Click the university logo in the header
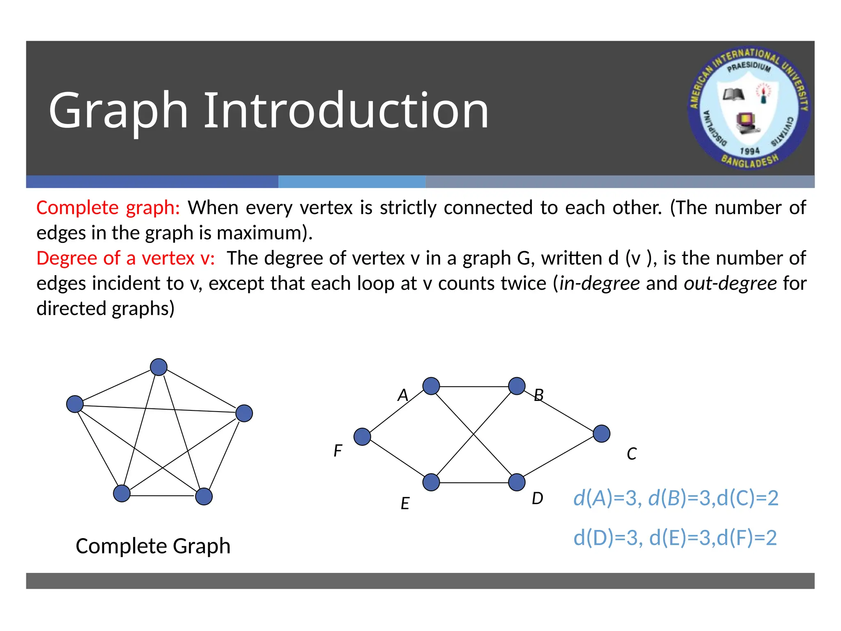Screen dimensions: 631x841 [749, 108]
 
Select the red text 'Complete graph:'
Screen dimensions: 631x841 [108, 208]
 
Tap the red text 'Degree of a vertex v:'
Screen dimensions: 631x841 [125, 258]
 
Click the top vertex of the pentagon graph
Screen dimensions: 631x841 [159, 367]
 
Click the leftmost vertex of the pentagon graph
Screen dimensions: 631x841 [75, 404]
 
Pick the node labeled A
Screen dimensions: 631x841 [431, 386]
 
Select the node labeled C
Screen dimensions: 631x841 [602, 433]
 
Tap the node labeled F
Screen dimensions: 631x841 [362, 437]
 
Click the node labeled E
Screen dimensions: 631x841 [431, 482]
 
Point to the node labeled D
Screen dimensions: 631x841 [517, 482]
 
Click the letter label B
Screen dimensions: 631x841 [538, 396]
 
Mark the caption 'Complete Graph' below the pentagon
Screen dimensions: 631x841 [153, 546]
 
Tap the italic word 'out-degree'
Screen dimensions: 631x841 [730, 283]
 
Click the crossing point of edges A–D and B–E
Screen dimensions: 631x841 [474, 434]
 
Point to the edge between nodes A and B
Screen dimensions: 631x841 [474, 387]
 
